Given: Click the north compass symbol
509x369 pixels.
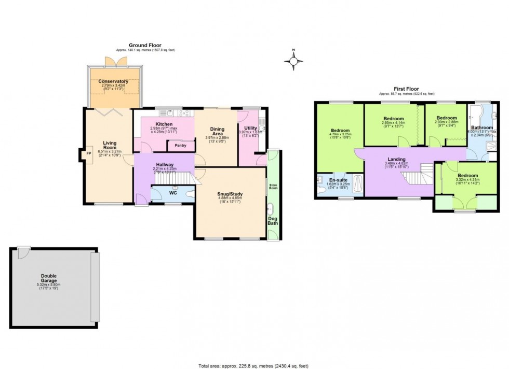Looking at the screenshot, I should (293, 61).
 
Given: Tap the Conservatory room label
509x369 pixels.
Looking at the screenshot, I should (113, 81).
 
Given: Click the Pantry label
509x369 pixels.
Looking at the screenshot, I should (180, 146).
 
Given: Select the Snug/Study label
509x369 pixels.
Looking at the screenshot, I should (230, 195).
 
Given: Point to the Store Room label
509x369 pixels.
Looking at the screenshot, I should (273, 186).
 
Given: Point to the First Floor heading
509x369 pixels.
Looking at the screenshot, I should (406, 89).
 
